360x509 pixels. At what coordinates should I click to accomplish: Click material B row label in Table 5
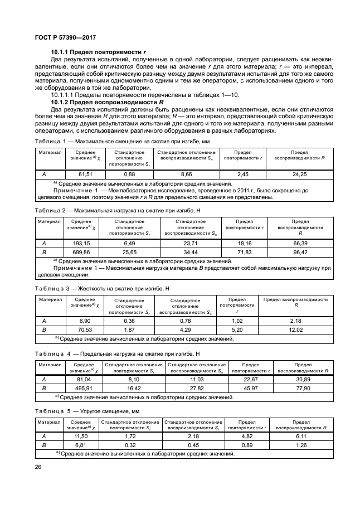point(44,445)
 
